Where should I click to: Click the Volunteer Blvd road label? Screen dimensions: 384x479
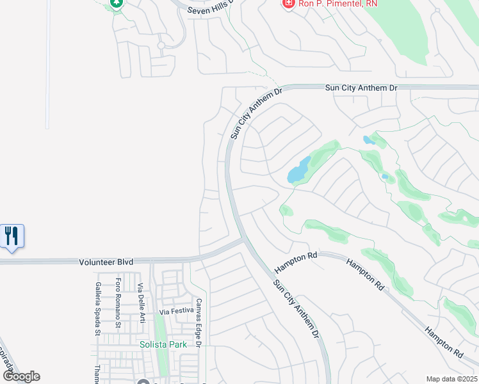[106, 262]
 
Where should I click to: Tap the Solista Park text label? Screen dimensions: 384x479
[163, 344]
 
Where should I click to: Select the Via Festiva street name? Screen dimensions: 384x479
[176, 312]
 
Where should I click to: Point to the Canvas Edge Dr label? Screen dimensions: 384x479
[199, 323]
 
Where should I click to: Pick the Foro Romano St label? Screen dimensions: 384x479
[119, 303]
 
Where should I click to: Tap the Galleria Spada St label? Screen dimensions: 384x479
[98, 308]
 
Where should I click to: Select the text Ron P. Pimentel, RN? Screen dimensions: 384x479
[330, 4]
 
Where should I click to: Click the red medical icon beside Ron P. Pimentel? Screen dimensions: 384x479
[289, 4]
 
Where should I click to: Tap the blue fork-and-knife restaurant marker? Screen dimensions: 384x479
[12, 236]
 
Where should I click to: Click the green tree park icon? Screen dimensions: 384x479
[116, 3]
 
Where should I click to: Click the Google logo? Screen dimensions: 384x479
[21, 376]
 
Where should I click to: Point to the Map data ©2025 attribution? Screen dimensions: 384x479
[451, 379]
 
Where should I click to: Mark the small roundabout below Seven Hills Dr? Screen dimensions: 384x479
[161, 45]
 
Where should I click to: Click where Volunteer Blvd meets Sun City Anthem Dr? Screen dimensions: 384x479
[242, 241]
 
